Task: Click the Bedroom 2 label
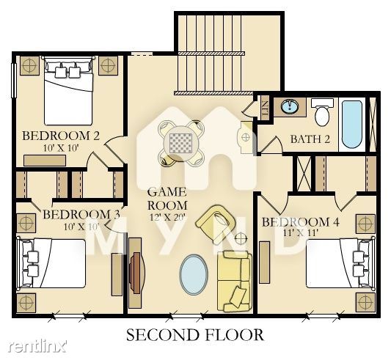(61, 136)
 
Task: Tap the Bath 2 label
(310, 139)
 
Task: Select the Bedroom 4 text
(300, 222)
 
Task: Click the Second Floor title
(194, 335)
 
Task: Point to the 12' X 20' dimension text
(167, 218)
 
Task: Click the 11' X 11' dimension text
(301, 233)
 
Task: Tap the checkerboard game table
(181, 144)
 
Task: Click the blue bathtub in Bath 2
(351, 124)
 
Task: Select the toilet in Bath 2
(322, 111)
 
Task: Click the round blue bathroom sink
(290, 107)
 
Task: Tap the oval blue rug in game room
(194, 274)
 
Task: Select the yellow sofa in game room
(234, 282)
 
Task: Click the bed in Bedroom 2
(68, 91)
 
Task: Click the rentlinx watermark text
(37, 346)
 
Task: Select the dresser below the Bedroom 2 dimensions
(45, 161)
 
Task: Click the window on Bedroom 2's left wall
(14, 80)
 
